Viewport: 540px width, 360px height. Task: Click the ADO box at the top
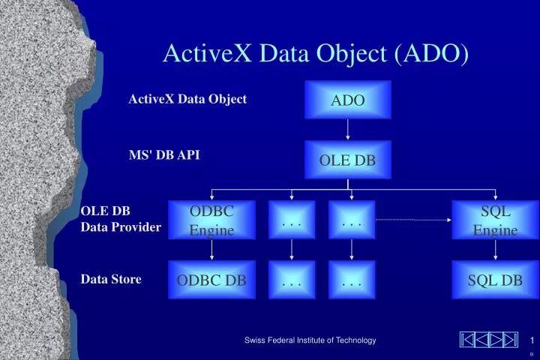pyautogui.click(x=348, y=100)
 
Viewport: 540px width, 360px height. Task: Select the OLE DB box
pyautogui.click(x=348, y=160)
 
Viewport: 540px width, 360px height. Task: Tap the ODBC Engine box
pyautogui.click(x=211, y=220)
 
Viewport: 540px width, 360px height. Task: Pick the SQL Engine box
pyautogui.click(x=495, y=220)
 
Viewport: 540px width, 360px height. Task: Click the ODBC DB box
pyautogui.click(x=211, y=280)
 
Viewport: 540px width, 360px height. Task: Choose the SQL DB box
pyautogui.click(x=495, y=280)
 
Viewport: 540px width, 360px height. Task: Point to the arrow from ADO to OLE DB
pyautogui.click(x=348, y=130)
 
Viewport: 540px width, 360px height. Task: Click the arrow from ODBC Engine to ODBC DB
pyautogui.click(x=211, y=250)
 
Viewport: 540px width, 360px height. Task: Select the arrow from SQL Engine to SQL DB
pyautogui.click(x=495, y=250)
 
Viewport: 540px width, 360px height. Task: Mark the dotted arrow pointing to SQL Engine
pyautogui.click(x=412, y=220)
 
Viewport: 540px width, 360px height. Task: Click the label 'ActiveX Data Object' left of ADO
pyautogui.click(x=187, y=99)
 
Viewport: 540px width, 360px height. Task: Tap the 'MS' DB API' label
pyautogui.click(x=164, y=154)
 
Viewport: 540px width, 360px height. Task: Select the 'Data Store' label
pyautogui.click(x=111, y=279)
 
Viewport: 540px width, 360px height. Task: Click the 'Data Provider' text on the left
pyautogui.click(x=121, y=226)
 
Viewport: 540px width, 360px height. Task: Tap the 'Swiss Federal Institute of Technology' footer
pyautogui.click(x=310, y=340)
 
